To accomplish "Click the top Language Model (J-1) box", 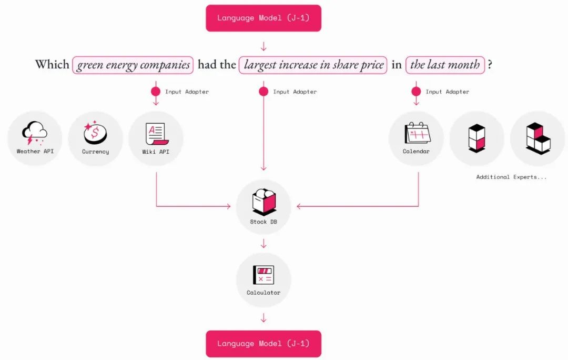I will (263, 18).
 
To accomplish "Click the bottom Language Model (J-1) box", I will (263, 344).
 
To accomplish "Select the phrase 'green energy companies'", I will (133, 65).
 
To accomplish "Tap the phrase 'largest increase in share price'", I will (313, 65).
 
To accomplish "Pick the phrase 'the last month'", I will (445, 65).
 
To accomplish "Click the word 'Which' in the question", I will (52, 65).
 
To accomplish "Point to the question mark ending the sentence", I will (490, 65).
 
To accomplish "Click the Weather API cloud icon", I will (35, 133).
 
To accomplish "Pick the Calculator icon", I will (263, 275).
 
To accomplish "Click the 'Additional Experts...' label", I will (511, 177).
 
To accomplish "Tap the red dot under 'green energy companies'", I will (156, 91).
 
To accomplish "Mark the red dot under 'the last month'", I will (416, 91).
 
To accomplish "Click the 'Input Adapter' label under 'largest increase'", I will (295, 92).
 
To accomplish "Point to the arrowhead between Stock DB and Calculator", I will (263, 245).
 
